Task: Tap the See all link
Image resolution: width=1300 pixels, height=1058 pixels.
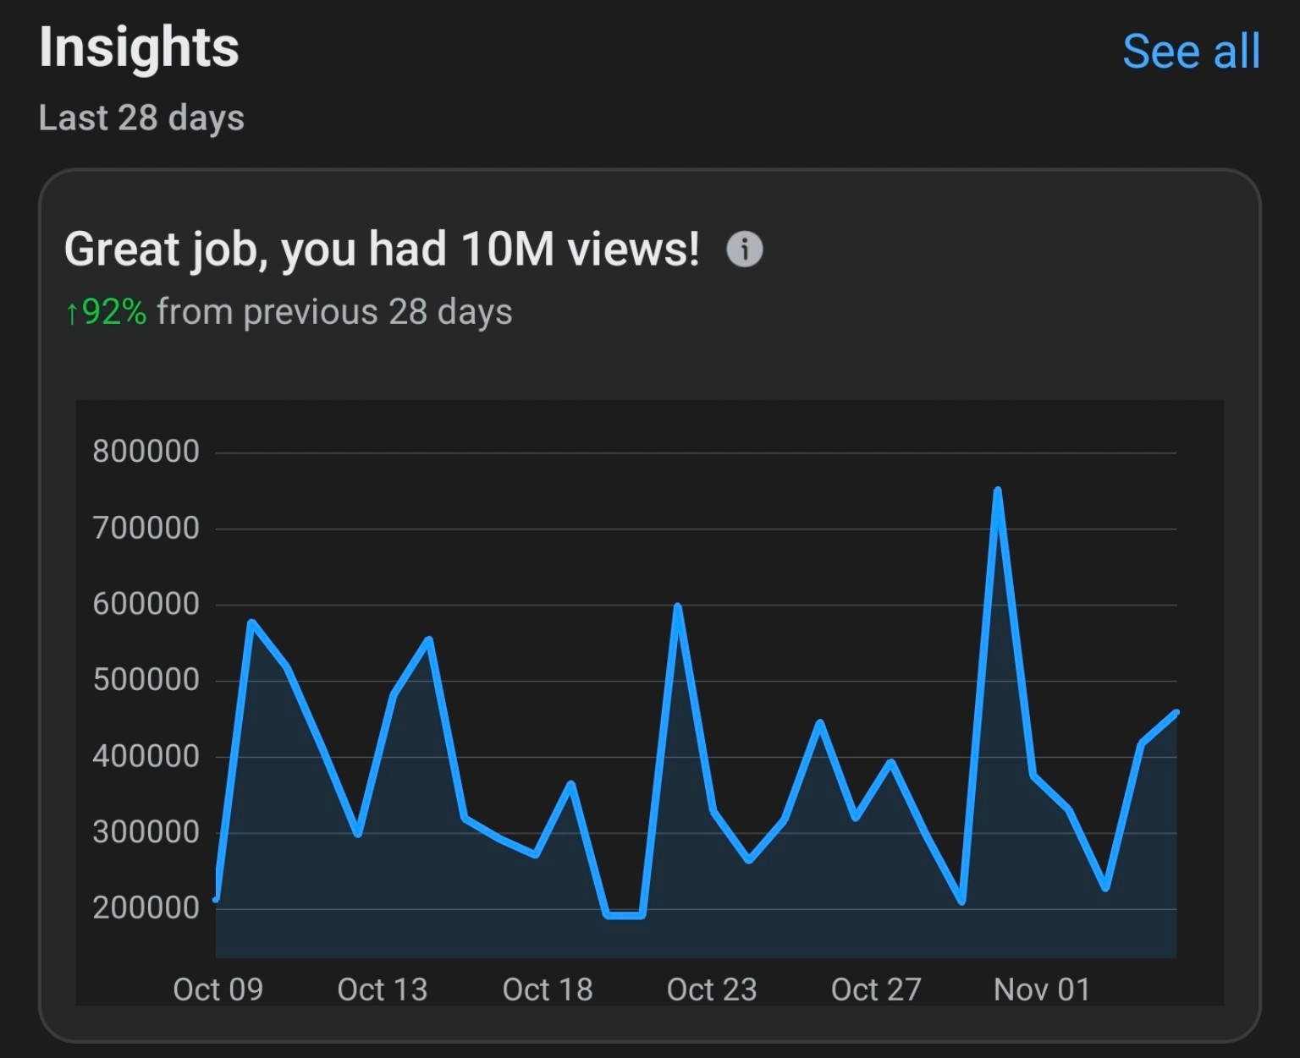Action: click(x=1191, y=52)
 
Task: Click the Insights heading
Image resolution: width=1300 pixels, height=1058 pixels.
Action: click(x=139, y=47)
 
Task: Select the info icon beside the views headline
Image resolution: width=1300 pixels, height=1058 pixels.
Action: click(x=745, y=249)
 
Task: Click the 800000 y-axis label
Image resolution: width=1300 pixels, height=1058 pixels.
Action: click(x=146, y=452)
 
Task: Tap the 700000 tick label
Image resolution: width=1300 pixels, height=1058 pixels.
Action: click(x=146, y=529)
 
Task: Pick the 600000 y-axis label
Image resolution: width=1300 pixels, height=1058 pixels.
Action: click(x=146, y=605)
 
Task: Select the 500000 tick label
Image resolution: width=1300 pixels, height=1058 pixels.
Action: click(x=146, y=680)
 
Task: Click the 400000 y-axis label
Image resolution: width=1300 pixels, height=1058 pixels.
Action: click(x=146, y=756)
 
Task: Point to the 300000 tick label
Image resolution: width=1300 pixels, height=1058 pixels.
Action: click(x=146, y=832)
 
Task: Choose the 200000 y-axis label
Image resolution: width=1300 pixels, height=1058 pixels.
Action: click(x=146, y=908)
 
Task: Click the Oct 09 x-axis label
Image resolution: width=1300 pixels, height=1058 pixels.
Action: click(x=218, y=989)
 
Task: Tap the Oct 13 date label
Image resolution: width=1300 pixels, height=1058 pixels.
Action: click(x=383, y=989)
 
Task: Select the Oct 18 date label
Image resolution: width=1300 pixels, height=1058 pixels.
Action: click(x=548, y=989)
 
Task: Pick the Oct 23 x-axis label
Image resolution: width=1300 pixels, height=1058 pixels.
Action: click(x=712, y=989)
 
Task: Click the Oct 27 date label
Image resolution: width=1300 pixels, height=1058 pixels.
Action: click(x=876, y=989)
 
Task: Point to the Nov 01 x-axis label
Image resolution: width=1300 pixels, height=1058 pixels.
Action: click(x=1042, y=989)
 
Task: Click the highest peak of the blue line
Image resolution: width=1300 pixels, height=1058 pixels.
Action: click(x=998, y=491)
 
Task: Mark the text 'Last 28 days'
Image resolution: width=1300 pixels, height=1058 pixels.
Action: click(x=141, y=118)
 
